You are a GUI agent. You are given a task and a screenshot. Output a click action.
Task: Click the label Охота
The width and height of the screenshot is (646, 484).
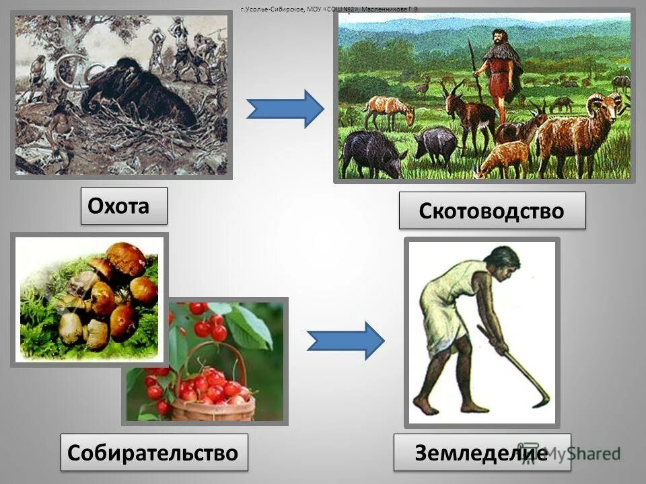[x=124, y=206]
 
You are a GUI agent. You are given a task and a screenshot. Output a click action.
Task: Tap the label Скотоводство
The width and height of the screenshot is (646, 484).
[x=492, y=210]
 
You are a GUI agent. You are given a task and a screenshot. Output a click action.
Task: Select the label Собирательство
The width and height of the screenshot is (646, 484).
[x=153, y=452]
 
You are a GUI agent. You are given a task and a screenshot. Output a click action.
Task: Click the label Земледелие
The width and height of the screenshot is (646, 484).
[x=481, y=452]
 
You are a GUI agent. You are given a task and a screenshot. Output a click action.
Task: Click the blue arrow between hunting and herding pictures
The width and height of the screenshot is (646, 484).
[x=285, y=108]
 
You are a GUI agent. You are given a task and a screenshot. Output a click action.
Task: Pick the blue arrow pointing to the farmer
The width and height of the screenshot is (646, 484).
[x=345, y=341]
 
